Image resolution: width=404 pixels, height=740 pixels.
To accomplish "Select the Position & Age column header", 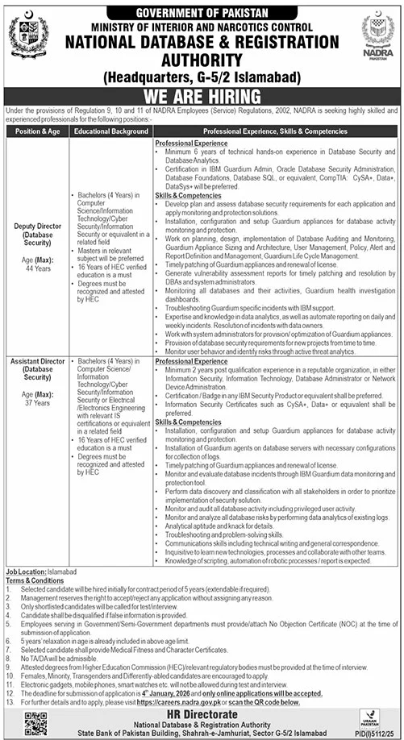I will click(x=36, y=128).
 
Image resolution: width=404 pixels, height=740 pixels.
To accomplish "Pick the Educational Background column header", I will click(x=108, y=128).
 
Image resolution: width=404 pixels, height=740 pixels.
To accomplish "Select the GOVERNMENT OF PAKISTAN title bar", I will click(x=202, y=12).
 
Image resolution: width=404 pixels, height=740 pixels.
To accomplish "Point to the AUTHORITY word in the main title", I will click(x=201, y=59).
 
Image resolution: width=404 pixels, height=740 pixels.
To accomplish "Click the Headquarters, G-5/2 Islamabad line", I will click(x=201, y=77).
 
